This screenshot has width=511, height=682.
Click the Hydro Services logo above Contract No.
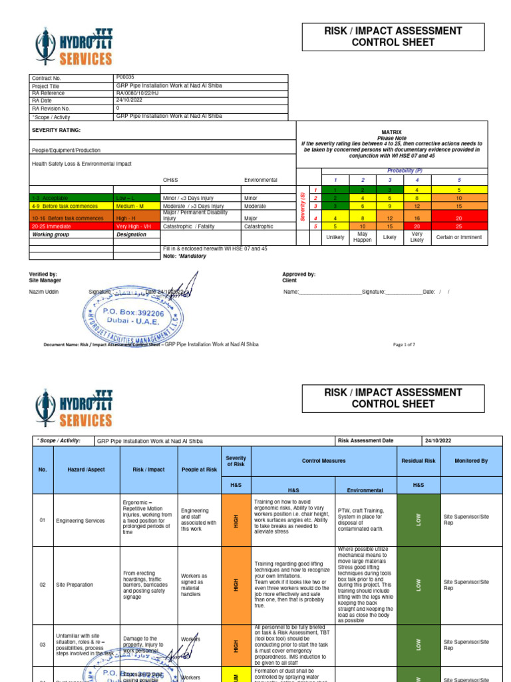click(74, 48)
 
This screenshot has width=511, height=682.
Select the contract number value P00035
click(125, 77)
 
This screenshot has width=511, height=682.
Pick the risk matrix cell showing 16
click(417, 218)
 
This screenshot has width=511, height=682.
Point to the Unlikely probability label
click(335, 236)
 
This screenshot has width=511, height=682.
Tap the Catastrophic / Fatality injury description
click(194, 226)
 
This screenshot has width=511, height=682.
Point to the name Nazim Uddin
click(44, 291)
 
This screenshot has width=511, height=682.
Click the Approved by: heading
click(299, 274)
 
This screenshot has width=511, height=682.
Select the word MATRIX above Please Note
click(391, 133)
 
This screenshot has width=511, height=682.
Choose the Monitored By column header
click(471, 460)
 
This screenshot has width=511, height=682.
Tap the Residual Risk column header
click(419, 460)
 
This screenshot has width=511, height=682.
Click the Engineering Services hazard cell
click(81, 519)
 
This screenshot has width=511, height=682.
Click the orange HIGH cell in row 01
click(236, 519)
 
